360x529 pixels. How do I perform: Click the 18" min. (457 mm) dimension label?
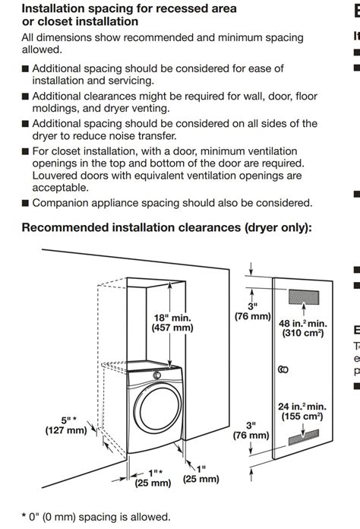pos(172,322)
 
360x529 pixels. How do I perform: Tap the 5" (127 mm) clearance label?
pos(66,425)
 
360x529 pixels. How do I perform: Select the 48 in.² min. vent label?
pos(303,328)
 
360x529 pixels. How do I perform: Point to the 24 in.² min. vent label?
pos(302,411)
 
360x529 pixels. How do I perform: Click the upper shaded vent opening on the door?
pos(304,297)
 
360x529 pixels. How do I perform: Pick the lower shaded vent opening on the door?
pos(304,437)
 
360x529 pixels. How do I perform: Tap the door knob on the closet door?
pos(283,369)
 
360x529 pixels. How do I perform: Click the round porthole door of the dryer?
pos(158,408)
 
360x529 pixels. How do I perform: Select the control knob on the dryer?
pos(156,375)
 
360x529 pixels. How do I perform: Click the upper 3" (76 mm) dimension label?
pos(253,311)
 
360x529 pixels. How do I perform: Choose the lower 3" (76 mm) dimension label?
pos(251,430)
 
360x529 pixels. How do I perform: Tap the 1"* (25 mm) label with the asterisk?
pos(153,478)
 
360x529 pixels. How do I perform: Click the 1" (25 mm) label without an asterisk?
pos(201,474)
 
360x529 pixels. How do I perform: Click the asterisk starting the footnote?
pos(24,516)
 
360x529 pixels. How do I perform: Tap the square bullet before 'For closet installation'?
pos(25,151)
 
